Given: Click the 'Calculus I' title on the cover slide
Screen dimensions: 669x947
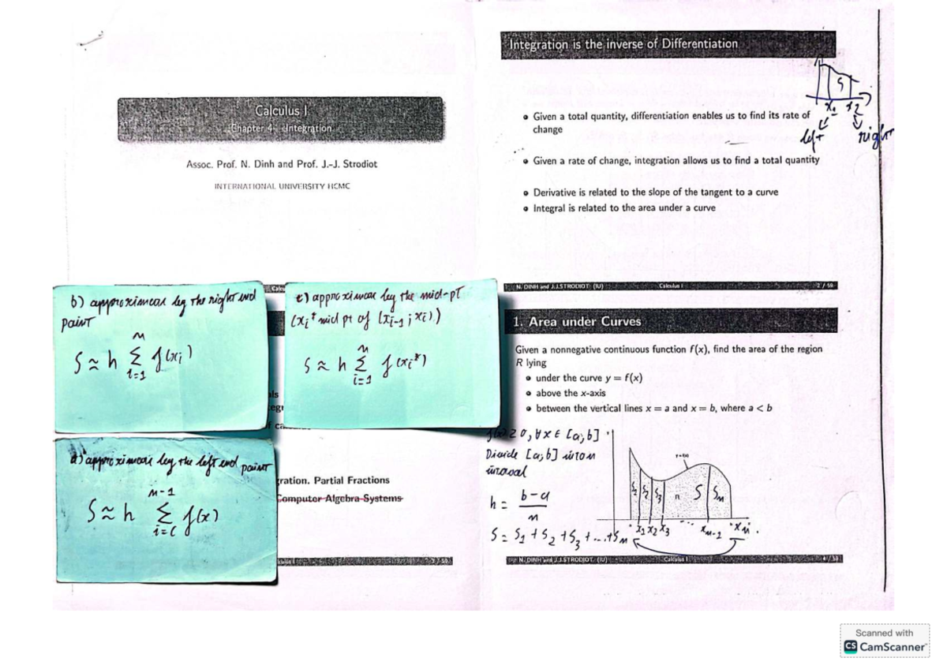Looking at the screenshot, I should coord(280,111).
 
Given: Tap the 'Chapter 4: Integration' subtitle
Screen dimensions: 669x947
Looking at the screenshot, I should coord(281,128).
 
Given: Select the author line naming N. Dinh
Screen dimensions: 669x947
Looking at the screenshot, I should coord(282,164).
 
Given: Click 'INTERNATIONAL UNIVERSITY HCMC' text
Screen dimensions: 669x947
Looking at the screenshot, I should coord(282,186).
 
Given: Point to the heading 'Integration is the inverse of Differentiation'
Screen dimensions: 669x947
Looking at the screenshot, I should coord(623,44).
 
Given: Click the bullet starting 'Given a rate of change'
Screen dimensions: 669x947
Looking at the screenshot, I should coord(676,160).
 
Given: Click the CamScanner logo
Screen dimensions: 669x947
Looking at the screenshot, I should coord(884,646).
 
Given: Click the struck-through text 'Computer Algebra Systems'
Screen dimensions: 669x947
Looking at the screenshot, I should coord(339,498).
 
